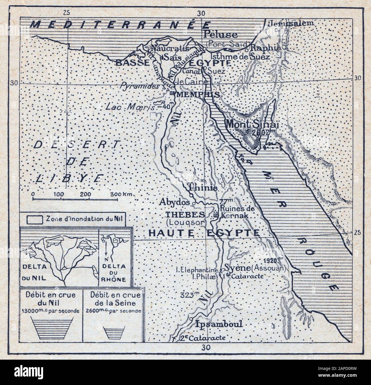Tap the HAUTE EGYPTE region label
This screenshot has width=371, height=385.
pyautogui.click(x=204, y=233)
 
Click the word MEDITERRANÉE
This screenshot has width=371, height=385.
pyautogui.click(x=120, y=25)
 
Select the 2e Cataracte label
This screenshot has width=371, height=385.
pyautogui.click(x=202, y=338)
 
